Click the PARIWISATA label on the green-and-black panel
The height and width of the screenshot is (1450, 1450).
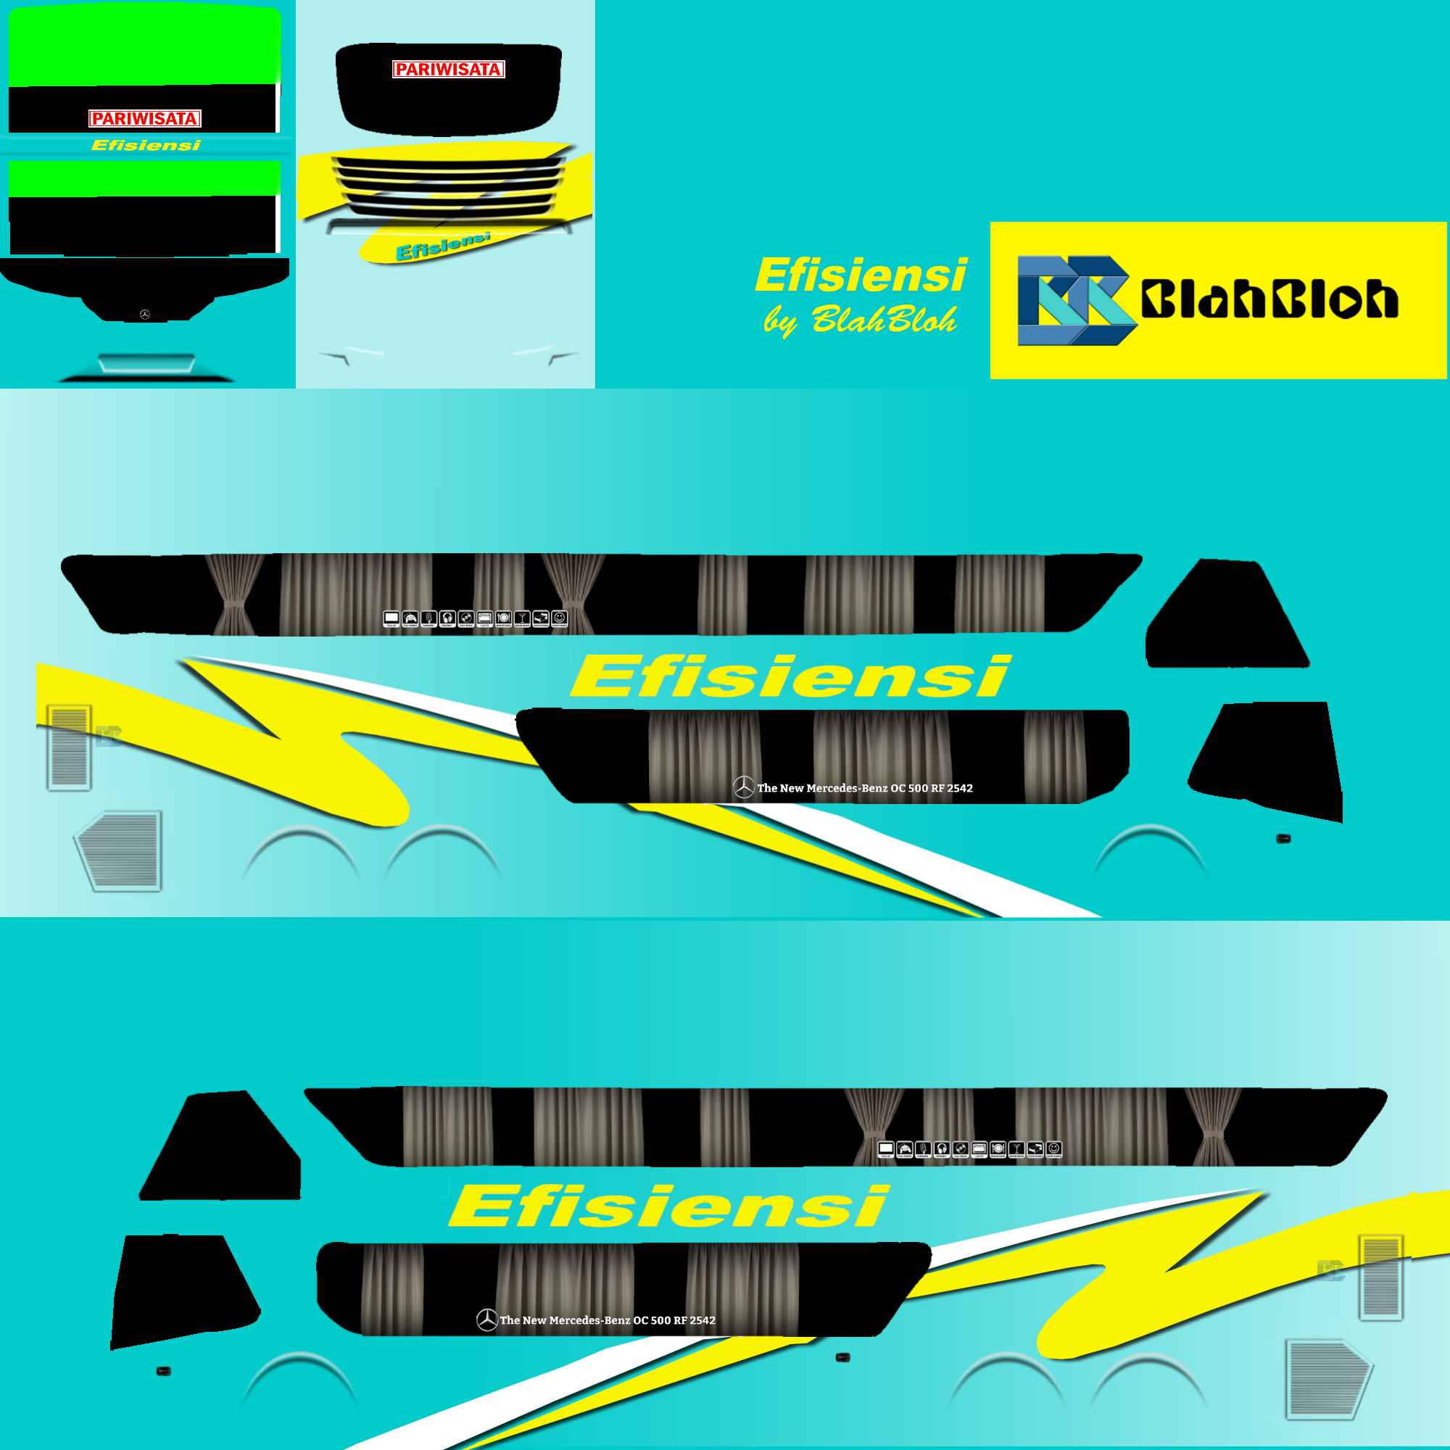145,119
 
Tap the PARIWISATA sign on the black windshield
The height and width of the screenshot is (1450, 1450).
448,70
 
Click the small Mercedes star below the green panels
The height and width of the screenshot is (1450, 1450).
145,315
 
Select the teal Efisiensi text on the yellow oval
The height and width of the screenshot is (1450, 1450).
443,247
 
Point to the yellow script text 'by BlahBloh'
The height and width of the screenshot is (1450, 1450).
860,320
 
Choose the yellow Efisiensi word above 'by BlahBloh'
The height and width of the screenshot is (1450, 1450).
861,275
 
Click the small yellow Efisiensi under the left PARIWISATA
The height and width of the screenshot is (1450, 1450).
146,146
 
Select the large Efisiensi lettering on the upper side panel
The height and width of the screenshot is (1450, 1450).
790,676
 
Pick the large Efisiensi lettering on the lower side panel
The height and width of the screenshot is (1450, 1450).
668,1207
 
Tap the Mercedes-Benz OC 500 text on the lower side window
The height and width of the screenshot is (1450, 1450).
606,1320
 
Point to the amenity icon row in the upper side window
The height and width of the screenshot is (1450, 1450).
475,619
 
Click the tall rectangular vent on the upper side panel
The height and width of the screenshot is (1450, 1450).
69,747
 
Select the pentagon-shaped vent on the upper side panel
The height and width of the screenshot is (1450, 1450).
120,850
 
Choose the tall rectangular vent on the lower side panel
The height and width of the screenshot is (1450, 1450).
1381,1277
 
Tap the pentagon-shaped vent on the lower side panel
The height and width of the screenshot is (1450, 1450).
1327,1379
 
